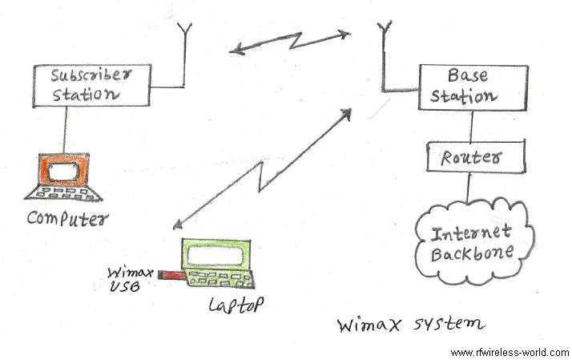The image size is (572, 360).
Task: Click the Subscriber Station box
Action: pos(91,84)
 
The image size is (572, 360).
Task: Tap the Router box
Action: pos(469,157)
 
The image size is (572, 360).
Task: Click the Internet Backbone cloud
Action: pos(472,243)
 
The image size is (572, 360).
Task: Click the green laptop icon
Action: pos(215,265)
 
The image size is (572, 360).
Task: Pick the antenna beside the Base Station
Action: pos(385,48)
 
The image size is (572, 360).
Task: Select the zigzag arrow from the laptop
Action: pos(263,168)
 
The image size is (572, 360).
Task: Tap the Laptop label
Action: pos(235,305)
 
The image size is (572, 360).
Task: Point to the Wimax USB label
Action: pos(128,277)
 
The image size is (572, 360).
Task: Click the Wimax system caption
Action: pos(410,325)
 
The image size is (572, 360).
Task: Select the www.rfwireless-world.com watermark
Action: pos(509,352)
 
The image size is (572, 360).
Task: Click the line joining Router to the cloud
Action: pos(469,189)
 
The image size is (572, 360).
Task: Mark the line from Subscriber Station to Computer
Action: pos(66,127)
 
